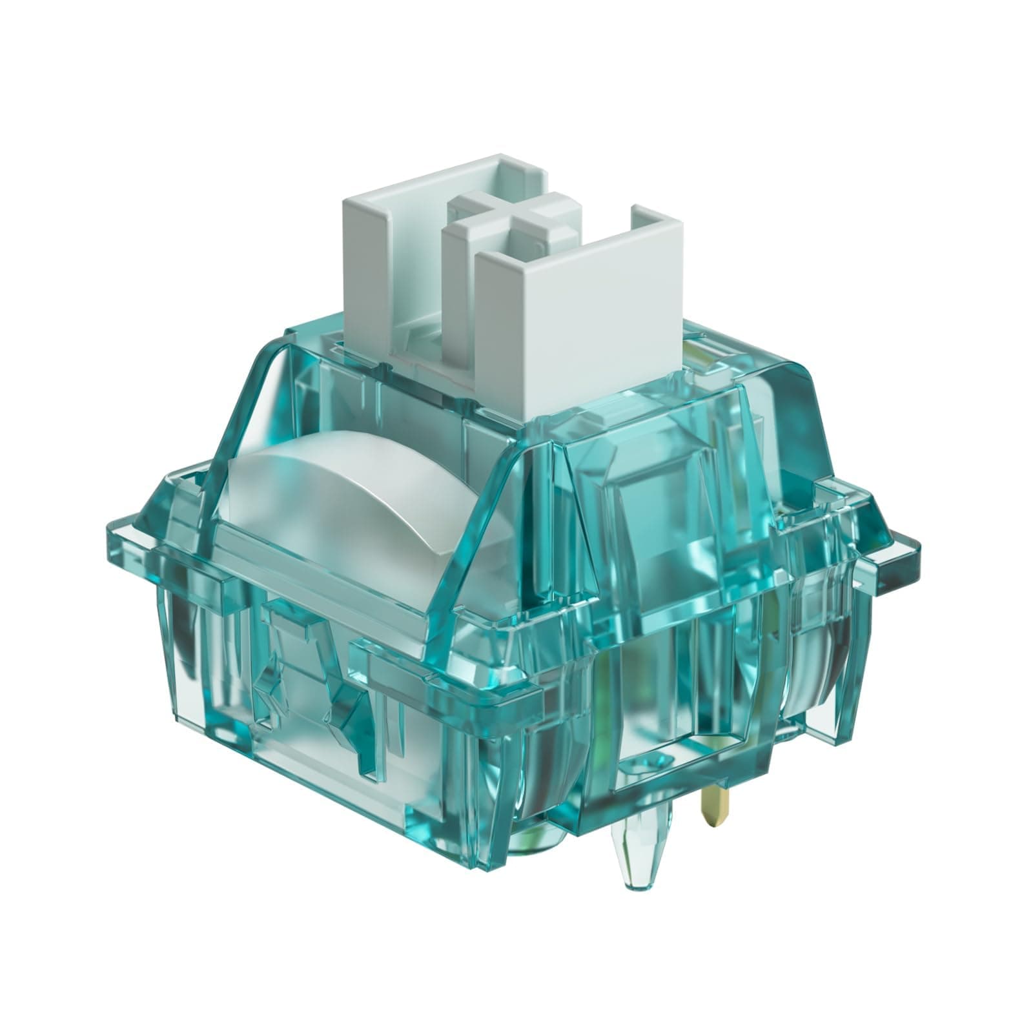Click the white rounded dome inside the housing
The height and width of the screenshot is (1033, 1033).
[329, 491]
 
